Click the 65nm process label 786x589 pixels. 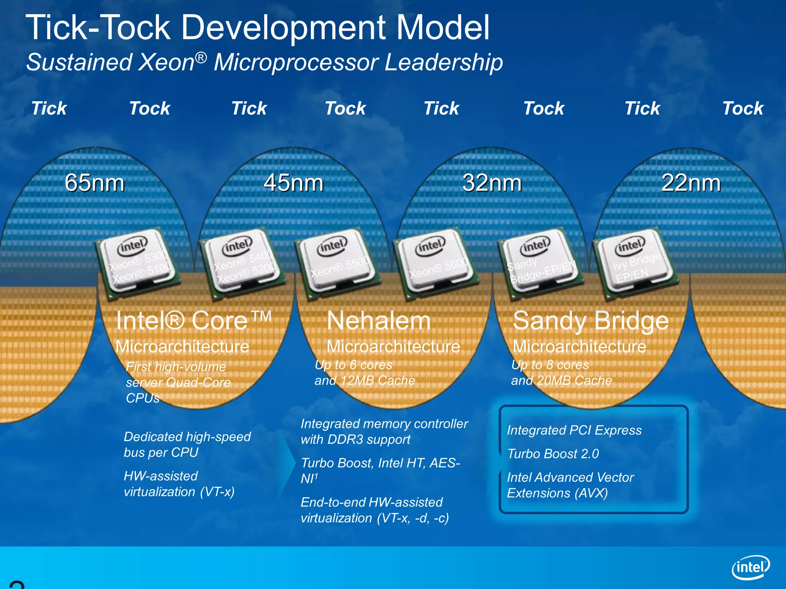pos(94,183)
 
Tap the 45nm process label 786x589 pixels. pos(293,183)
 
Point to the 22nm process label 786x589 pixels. pos(690,183)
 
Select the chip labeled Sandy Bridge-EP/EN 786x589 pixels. pos(539,265)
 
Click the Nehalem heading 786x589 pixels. pos(378,321)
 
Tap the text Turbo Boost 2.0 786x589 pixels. pos(553,454)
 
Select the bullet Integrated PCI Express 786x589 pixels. pos(574,430)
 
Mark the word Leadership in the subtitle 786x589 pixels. pos(443,62)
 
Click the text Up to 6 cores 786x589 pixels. pos(353,365)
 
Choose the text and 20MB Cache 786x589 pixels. pos(561,380)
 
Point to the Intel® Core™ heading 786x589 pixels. pos(193,321)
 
